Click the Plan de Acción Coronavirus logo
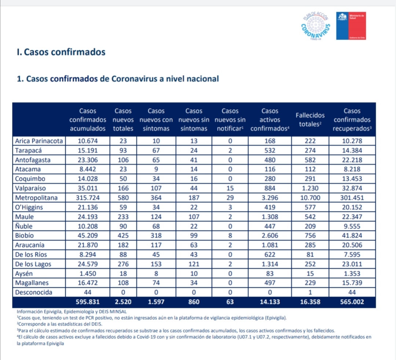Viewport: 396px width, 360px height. (x=316, y=26)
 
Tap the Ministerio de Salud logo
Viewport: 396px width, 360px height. (x=351, y=26)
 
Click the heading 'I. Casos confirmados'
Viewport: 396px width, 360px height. (x=61, y=52)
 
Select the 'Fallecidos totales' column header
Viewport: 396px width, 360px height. (x=310, y=120)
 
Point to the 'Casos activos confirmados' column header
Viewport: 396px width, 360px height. (x=270, y=120)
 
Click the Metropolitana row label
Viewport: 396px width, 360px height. (x=36, y=197)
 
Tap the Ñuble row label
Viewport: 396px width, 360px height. (x=24, y=226)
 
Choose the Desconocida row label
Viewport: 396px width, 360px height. (x=34, y=292)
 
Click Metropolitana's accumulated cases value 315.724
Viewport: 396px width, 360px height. (x=88, y=197)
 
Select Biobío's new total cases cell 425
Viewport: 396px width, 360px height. (x=123, y=235)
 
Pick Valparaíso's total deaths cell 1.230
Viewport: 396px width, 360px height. (x=310, y=188)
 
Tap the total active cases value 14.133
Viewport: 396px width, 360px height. (x=270, y=302)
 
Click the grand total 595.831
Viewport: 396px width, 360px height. (x=88, y=302)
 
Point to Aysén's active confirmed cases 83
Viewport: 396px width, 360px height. (x=270, y=274)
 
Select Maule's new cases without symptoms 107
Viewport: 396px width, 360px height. (x=194, y=217)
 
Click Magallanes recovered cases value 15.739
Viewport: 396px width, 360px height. (x=352, y=283)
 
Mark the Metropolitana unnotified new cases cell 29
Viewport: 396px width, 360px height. (x=230, y=197)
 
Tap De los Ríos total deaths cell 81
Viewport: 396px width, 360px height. (x=310, y=255)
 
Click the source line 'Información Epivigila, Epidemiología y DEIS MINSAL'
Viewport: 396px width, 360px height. (x=72, y=312)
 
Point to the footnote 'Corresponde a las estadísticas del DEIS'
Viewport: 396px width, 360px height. (x=60, y=324)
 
